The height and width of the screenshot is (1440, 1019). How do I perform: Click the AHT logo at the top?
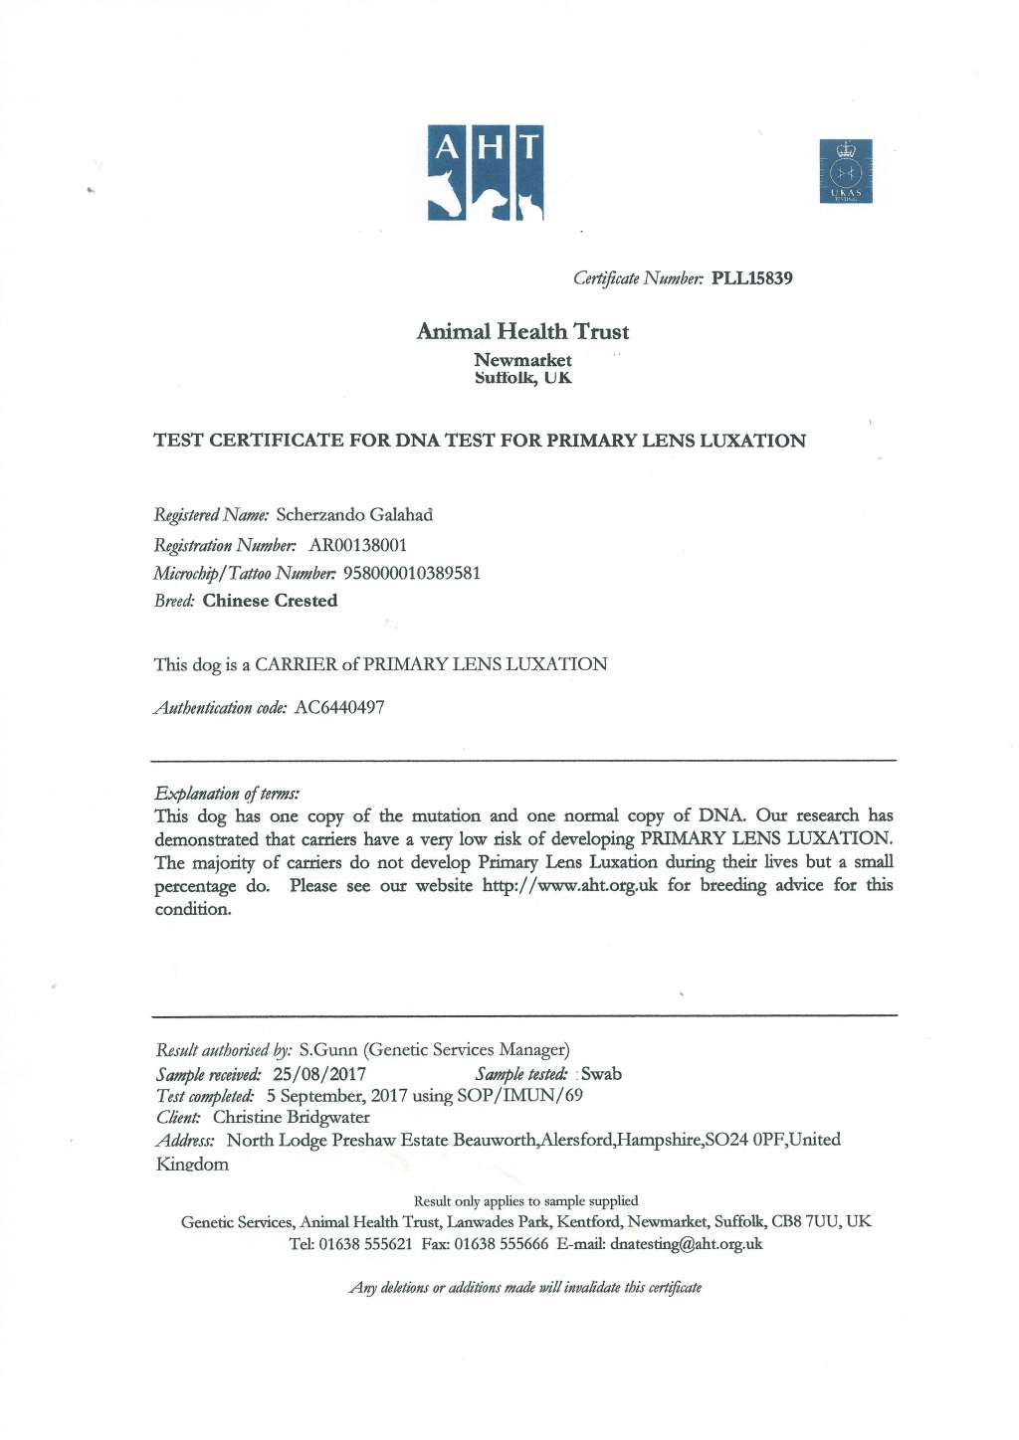tap(485, 172)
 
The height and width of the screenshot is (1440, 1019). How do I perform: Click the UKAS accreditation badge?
tap(846, 171)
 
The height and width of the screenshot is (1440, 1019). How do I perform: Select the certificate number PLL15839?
tap(751, 278)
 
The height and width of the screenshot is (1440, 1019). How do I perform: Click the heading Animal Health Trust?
tap(522, 331)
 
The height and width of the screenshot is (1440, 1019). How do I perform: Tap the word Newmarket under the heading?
tap(522, 360)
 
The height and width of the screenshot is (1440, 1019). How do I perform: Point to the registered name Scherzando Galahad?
tap(354, 515)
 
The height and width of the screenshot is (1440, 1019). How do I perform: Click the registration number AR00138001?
tap(358, 545)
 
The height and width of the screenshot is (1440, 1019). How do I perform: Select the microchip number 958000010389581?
tap(411, 573)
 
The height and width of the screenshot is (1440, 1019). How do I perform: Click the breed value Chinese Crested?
tap(270, 601)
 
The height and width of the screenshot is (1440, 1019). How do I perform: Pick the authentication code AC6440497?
tap(339, 707)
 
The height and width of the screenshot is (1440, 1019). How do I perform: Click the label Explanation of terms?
tap(227, 793)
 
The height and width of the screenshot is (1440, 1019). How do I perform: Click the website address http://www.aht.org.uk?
tap(569, 885)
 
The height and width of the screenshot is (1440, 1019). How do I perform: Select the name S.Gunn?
tap(327, 1049)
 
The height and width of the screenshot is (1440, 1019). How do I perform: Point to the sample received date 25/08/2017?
tap(319, 1074)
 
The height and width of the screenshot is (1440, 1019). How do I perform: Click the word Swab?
tap(601, 1074)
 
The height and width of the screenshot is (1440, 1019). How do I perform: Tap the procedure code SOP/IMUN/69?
tap(519, 1095)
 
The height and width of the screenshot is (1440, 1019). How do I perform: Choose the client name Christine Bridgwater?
tap(291, 1117)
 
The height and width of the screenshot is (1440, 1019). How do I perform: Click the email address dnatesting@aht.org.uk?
tap(686, 1243)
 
